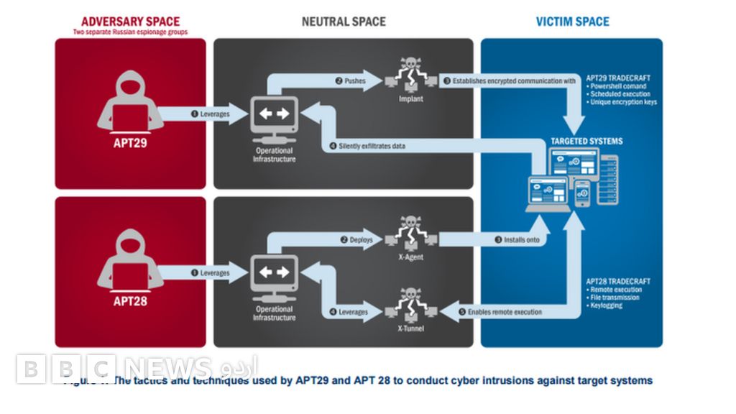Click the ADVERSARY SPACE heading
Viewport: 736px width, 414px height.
click(x=131, y=22)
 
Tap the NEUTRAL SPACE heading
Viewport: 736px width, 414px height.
click(x=344, y=22)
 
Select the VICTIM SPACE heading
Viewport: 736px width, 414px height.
click(x=572, y=22)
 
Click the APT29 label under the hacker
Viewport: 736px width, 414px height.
click(x=131, y=142)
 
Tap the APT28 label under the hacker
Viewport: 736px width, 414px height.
click(x=131, y=301)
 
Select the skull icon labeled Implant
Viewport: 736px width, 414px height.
click(x=411, y=75)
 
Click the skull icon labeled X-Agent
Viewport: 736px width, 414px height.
click(x=411, y=233)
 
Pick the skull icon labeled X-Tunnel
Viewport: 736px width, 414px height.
click(x=411, y=305)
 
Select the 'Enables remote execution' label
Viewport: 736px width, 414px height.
click(x=504, y=313)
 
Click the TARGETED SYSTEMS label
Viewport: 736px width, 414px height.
click(x=586, y=142)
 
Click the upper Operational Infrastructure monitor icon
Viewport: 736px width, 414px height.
click(x=273, y=116)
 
